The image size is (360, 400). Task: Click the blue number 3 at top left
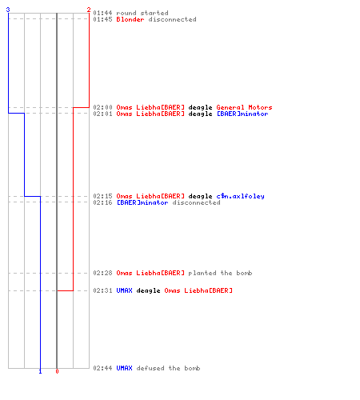click(x=8, y=10)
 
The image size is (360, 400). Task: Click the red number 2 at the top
click(x=89, y=10)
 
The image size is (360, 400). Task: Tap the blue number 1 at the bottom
click(x=40, y=371)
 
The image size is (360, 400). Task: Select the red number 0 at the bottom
click(x=57, y=371)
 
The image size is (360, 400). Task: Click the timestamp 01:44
click(x=102, y=13)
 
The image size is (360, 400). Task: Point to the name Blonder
click(x=130, y=19)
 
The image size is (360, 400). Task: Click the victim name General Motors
click(x=244, y=107)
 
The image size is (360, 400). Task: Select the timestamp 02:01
click(x=102, y=114)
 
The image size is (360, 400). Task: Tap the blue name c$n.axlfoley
click(x=240, y=196)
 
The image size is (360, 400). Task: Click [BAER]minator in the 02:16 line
click(x=142, y=202)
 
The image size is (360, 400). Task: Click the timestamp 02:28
click(x=102, y=273)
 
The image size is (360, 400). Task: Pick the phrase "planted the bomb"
click(x=220, y=273)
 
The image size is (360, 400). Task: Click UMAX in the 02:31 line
click(x=124, y=290)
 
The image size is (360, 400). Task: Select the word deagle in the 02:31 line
click(x=148, y=290)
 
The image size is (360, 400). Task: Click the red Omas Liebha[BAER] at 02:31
click(x=198, y=290)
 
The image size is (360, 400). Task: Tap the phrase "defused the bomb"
click(x=168, y=368)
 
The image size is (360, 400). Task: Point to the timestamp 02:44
click(x=102, y=368)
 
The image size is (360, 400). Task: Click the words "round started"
click(x=142, y=13)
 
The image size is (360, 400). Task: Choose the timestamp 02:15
click(x=102, y=196)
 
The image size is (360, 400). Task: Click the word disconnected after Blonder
click(x=172, y=19)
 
